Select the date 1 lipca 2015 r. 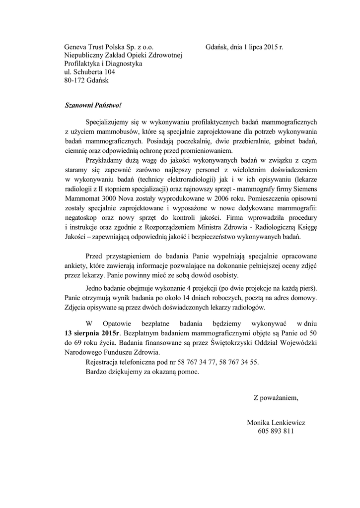(256, 47)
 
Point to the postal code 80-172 (74, 80)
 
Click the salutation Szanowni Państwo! (92, 106)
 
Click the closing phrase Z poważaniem (277, 397)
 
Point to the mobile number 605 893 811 (276, 431)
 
